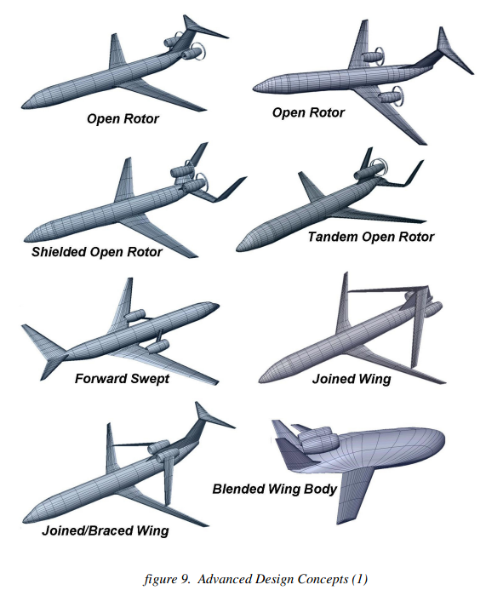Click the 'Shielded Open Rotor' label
[96, 252]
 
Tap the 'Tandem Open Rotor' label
[371, 238]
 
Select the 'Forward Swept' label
[122, 379]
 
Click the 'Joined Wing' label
[352, 379]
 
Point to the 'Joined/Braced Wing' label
[106, 530]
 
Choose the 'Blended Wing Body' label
[275, 489]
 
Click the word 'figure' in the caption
[158, 579]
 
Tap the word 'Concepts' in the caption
[323, 579]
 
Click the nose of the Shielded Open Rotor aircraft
[25, 239]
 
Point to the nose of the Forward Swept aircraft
[216, 305]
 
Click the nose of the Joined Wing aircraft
[260, 380]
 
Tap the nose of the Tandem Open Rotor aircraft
[238, 249]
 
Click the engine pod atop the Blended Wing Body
[318, 441]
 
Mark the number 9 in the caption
[185, 579]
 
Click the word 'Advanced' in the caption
[224, 579]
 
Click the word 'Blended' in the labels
[238, 489]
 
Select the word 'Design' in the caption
[273, 579]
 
